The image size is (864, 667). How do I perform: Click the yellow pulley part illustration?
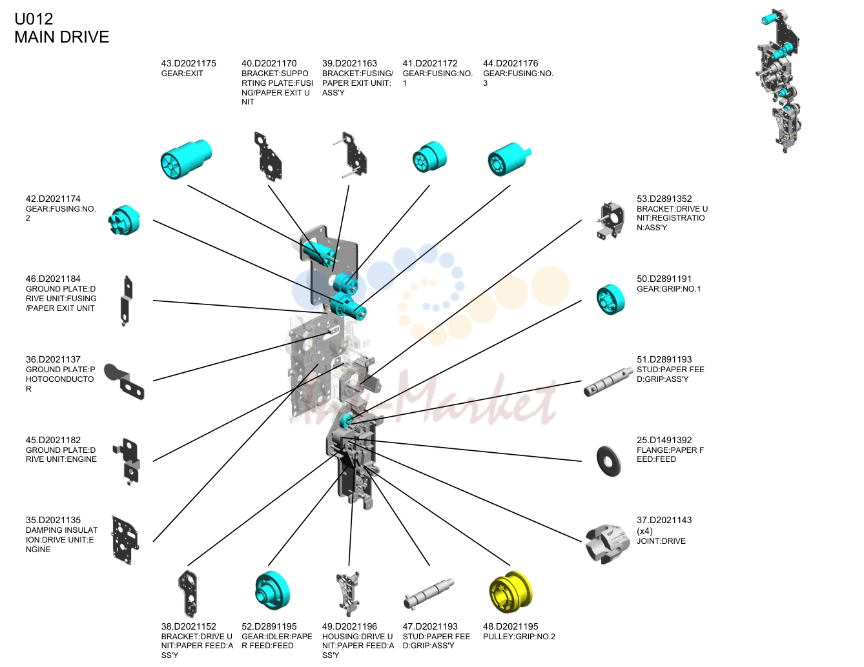tap(511, 593)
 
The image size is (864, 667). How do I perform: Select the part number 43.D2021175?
tap(189, 63)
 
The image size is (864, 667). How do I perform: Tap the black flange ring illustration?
tap(609, 461)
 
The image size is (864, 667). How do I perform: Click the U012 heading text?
tap(34, 19)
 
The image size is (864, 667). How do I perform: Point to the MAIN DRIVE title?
tap(61, 37)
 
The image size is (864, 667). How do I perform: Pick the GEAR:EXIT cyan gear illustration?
tap(186, 159)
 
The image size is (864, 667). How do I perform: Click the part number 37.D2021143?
tap(664, 520)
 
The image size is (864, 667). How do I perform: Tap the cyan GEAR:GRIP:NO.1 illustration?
tap(611, 299)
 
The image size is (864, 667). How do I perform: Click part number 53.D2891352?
tap(664, 199)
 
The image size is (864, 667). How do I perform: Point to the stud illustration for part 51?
tap(608, 382)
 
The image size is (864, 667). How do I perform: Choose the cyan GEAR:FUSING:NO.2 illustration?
tap(124, 220)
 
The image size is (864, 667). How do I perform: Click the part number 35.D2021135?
tap(54, 520)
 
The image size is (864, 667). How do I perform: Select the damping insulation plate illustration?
tap(125, 540)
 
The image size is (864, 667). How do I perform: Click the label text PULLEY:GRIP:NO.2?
tap(519, 637)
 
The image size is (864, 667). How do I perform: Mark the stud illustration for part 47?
tap(429, 594)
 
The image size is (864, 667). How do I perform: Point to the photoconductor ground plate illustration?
tap(124, 381)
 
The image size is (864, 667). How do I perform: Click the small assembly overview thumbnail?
tap(779, 81)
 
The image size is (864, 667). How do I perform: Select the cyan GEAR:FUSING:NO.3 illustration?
tap(509, 159)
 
